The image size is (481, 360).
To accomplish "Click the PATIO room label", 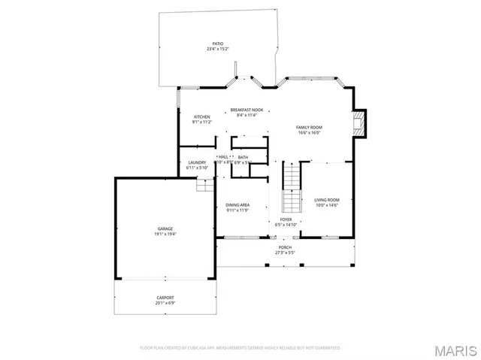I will point(218,44).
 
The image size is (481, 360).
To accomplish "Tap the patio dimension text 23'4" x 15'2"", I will point(218,49).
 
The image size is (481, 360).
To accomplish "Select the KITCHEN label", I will point(202,116).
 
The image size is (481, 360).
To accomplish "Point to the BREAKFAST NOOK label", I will point(247,110).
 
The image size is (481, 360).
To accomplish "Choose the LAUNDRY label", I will point(197,162).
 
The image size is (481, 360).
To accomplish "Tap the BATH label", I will point(243,157).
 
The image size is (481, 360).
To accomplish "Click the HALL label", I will point(223,157).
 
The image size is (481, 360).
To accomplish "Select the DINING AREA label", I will point(237,204).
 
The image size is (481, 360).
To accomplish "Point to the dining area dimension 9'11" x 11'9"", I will point(237,210).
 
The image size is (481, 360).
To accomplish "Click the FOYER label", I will point(286,219).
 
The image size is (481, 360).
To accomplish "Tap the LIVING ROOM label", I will point(327,199).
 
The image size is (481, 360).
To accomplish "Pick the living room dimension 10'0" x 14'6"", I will point(327,204).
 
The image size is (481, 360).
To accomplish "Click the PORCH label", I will point(285,247).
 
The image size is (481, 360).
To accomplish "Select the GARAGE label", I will point(165,228).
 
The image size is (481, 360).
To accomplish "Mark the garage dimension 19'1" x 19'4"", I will point(165,234).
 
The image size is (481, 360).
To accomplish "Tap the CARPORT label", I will point(165,298).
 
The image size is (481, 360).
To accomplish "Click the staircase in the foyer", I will point(291,188).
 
